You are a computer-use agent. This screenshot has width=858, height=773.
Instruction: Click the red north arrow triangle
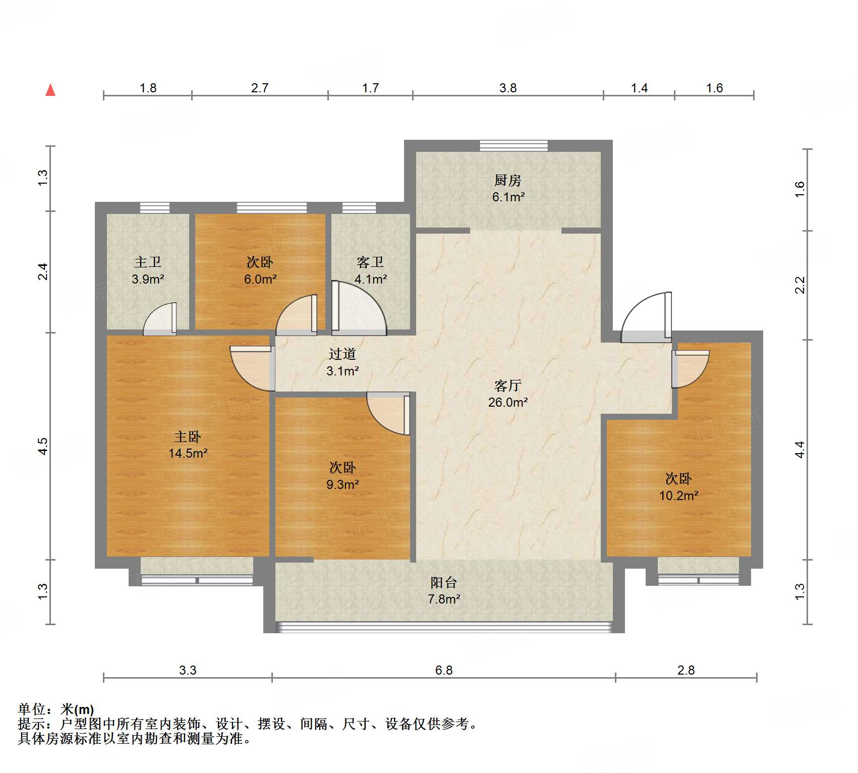pos(50,90)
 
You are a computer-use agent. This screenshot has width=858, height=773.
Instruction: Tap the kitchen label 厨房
pos(508,180)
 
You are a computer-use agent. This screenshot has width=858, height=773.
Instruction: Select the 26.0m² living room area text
pos(508,402)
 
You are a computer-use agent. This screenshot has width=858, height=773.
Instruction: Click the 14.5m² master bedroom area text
pos(188,453)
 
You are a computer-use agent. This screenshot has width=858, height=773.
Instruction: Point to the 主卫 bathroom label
pos(148,262)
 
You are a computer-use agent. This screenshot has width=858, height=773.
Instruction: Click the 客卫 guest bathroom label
pos(370,262)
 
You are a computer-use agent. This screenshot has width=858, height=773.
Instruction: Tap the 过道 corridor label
pos(342,354)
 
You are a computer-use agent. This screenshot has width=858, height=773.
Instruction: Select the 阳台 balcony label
pos(444,583)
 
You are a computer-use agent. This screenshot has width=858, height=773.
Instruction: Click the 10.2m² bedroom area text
pos(679,495)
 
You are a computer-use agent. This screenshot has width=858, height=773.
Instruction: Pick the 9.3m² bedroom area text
pos(342,484)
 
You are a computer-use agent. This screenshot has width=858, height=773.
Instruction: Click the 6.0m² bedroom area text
pos(260,279)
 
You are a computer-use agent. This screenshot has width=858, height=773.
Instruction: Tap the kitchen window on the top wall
pos(513,146)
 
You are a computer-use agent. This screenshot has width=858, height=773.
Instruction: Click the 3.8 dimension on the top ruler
pos(508,88)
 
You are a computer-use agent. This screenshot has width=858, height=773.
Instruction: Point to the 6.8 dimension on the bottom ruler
pos(444,670)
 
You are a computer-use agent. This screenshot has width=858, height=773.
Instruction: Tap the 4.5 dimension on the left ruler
pos(43,446)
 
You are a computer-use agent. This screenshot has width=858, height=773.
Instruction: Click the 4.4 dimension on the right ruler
pos(800,449)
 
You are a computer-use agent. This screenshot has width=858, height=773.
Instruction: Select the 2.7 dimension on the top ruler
pos(260,88)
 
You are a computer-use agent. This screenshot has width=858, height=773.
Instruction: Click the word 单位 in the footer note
pos(32,709)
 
